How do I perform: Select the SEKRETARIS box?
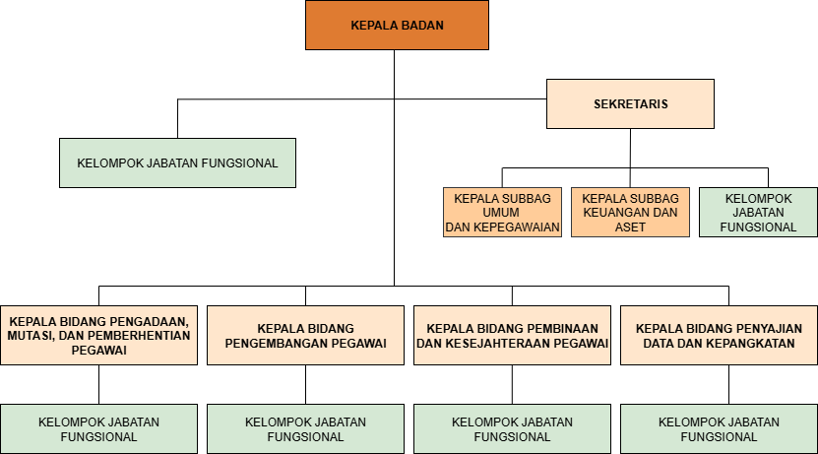[x=630, y=103]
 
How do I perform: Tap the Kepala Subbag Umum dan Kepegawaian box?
[x=502, y=212]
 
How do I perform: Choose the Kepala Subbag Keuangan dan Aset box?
[x=630, y=212]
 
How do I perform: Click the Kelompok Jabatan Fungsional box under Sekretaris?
[x=758, y=212]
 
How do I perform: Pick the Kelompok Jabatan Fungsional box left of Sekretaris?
[x=177, y=162]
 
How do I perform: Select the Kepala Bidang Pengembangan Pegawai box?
[x=305, y=335]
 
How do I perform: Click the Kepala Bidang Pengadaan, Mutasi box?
[x=98, y=335]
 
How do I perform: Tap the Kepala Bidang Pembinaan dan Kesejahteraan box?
[x=512, y=335]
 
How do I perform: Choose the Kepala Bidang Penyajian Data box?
[x=719, y=335]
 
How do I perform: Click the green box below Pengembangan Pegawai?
[x=305, y=429]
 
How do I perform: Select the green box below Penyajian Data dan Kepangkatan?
[x=719, y=429]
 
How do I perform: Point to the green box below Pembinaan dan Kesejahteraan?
[x=512, y=429]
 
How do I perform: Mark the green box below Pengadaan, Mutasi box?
[x=98, y=429]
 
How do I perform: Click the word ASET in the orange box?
[x=630, y=227]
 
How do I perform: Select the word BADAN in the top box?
[x=421, y=26]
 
